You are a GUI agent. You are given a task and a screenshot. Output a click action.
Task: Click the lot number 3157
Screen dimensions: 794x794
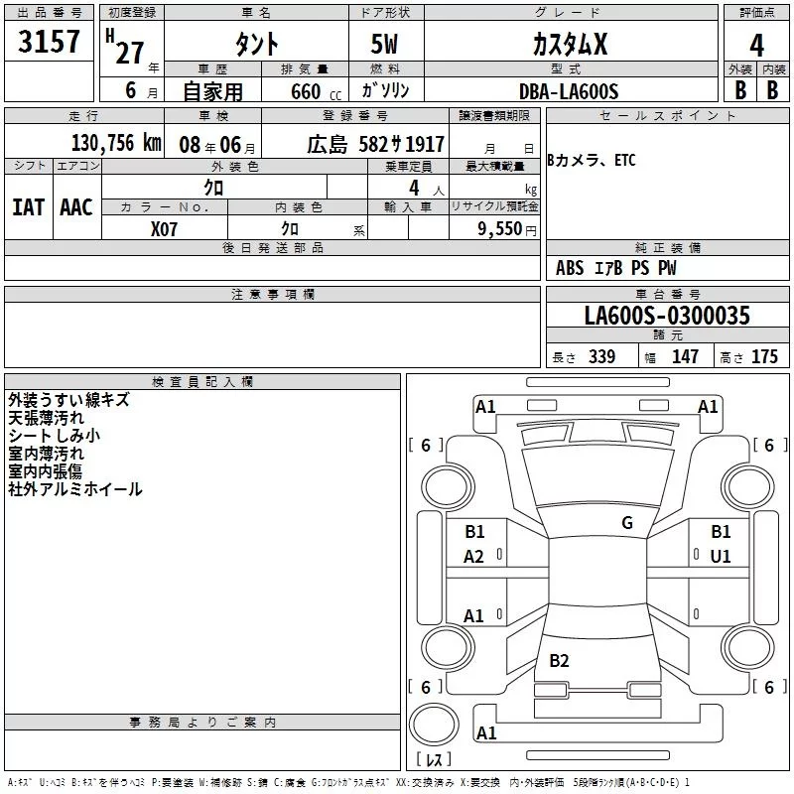(49, 41)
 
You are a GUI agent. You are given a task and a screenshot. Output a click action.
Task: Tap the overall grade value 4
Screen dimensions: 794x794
(756, 45)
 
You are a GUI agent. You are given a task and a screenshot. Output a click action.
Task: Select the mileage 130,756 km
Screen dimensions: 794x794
(116, 143)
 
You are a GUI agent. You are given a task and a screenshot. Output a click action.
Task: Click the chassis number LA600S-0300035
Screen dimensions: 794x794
(667, 315)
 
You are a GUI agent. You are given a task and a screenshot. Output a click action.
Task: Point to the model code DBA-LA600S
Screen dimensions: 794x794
(569, 91)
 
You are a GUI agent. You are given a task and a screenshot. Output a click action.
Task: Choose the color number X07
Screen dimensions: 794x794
(164, 229)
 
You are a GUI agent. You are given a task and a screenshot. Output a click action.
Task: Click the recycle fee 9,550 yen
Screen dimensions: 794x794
(507, 229)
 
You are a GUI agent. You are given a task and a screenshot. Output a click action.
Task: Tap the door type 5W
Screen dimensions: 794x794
(384, 44)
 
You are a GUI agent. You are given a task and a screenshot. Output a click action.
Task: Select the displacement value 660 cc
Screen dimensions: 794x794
(316, 91)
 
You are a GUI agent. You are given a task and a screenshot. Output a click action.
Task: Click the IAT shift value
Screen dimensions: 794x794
(28, 207)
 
